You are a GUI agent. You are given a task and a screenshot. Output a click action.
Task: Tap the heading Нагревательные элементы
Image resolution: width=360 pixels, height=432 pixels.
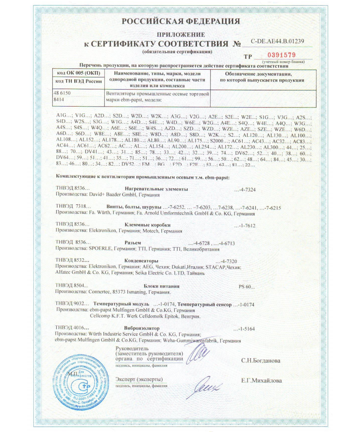pyautogui.click(x=156, y=189)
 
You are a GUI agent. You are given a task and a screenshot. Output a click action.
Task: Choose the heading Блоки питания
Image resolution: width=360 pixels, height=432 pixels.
pyautogui.click(x=162, y=286)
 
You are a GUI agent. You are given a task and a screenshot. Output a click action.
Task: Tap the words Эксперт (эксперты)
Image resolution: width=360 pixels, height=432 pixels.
pyautogui.click(x=139, y=379)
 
